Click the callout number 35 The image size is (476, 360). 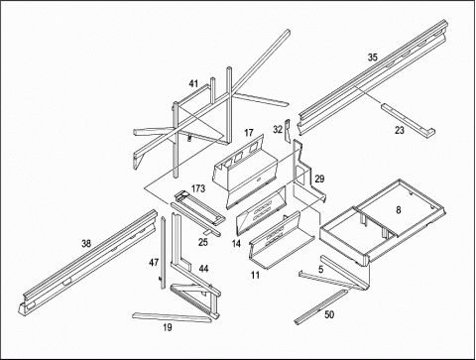coord(373,58)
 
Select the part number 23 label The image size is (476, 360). coord(400,131)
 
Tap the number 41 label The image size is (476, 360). coord(193,83)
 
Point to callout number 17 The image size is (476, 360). coord(249,133)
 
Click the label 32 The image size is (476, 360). coord(278,129)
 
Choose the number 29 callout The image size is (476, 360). coord(319,179)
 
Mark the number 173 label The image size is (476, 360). coord(198,188)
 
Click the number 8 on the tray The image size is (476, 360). coord(399,210)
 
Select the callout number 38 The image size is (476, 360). coord(86,244)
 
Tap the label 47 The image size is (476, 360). coord(154,263)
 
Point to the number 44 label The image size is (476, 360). coord(204,269)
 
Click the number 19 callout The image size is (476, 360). coord(168,327)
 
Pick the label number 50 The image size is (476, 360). coord(329,314)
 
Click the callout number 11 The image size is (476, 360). coord(255,275)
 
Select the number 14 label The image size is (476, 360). coord(236,244)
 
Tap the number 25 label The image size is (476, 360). coord(203,242)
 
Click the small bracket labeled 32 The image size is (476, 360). coord(287,130)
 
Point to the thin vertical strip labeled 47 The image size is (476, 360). coord(163,253)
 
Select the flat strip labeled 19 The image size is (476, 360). coord(172,317)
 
